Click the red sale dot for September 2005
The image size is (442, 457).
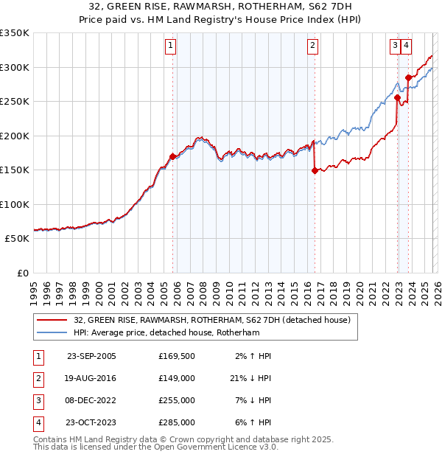point(173,156)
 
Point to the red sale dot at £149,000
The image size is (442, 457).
point(315,170)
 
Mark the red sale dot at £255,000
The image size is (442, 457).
point(397,97)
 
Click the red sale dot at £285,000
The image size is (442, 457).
point(408,77)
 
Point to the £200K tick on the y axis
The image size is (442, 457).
point(15,136)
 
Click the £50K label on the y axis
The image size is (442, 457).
point(17,239)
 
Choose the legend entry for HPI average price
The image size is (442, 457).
point(166,333)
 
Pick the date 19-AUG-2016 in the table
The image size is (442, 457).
point(91,378)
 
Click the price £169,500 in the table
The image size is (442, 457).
point(177,356)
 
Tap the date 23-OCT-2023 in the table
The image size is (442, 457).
point(91,422)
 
